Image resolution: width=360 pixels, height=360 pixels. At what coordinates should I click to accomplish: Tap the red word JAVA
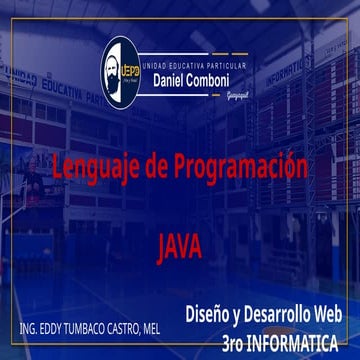click(x=180, y=242)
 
